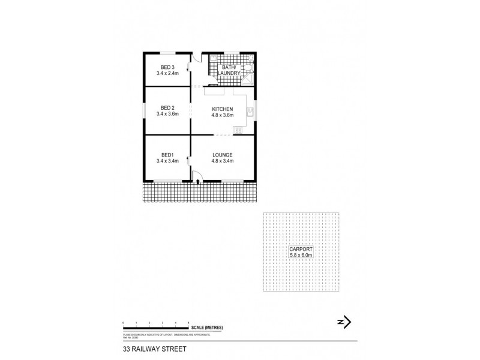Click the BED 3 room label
[167, 67]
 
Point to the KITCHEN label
[223, 109]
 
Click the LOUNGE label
[223, 155]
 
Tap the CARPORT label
[301, 248]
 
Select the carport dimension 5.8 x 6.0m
[301, 255]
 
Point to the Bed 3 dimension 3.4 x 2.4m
[167, 73]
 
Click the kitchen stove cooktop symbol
[238, 130]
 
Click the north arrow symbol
[343, 323]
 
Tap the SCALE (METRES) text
[207, 326]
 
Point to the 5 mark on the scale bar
[189, 323]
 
